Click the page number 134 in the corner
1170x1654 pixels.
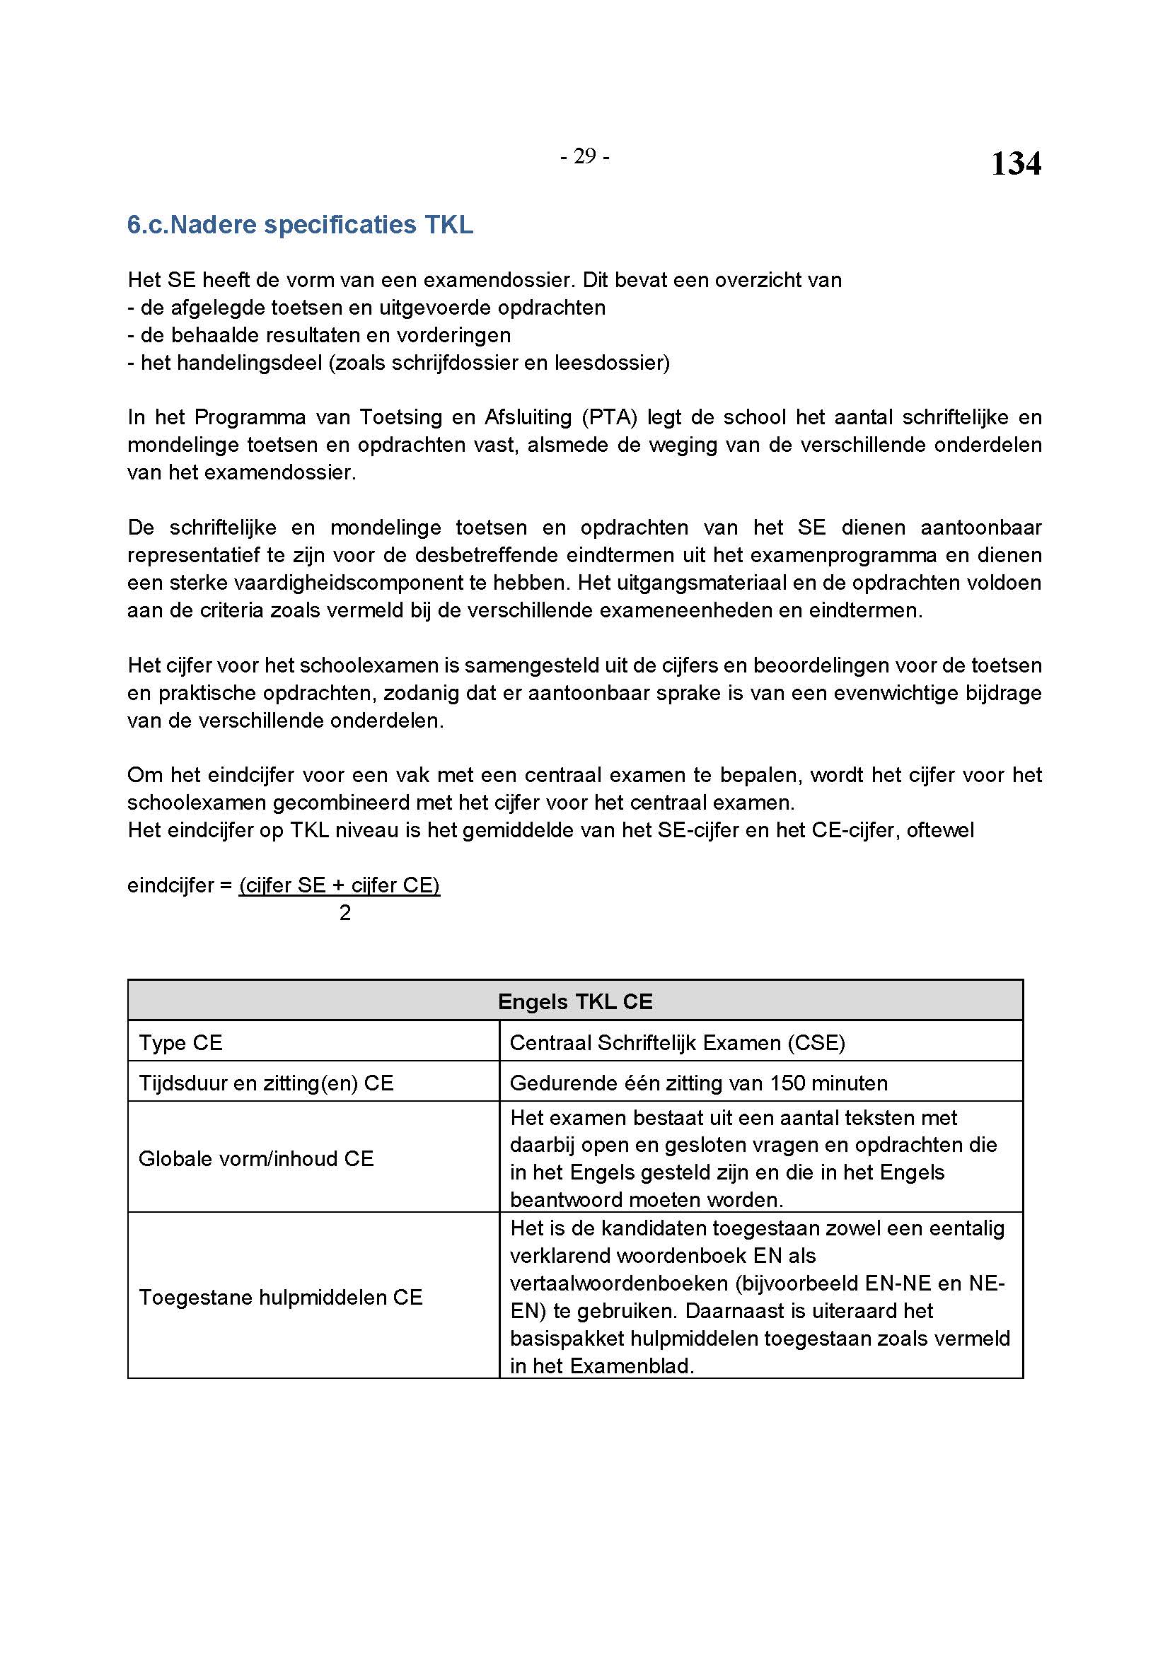tap(1015, 163)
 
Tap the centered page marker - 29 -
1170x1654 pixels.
tap(584, 156)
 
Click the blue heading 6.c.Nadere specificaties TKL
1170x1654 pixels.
tap(300, 225)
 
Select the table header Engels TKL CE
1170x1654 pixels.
tap(575, 1001)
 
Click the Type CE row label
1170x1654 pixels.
tap(181, 1042)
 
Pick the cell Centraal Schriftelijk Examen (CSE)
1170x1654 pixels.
tap(676, 1042)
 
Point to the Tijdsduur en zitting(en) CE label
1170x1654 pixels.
tap(266, 1083)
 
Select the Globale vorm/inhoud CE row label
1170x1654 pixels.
tap(256, 1158)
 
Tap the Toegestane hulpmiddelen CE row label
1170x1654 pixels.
tap(280, 1298)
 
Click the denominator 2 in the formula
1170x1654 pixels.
tap(345, 913)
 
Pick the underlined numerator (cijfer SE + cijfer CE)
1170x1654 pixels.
tap(340, 885)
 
